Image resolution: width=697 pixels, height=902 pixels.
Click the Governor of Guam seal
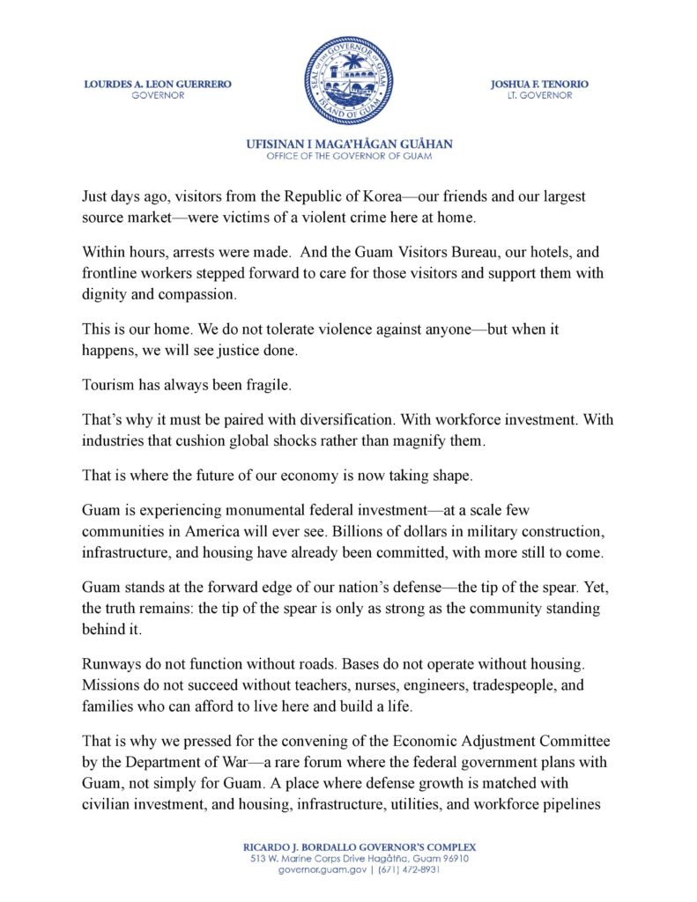tap(348, 80)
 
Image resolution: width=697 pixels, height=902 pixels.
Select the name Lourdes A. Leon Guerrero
tap(158, 84)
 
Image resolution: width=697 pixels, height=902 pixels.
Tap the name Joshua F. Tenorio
tap(539, 84)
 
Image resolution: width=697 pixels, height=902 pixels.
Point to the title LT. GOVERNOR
tap(539, 95)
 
